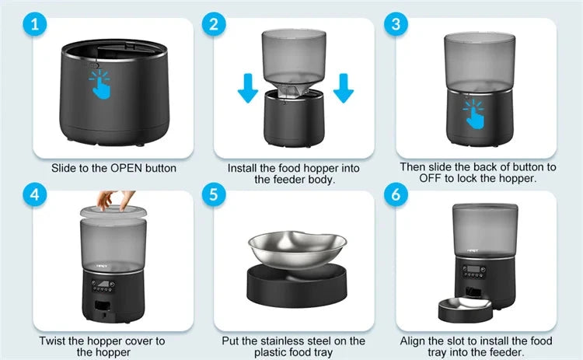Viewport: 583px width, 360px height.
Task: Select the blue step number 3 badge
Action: tap(397, 25)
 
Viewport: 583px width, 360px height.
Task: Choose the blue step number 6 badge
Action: tap(397, 194)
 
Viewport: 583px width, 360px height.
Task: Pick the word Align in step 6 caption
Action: tap(414, 341)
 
